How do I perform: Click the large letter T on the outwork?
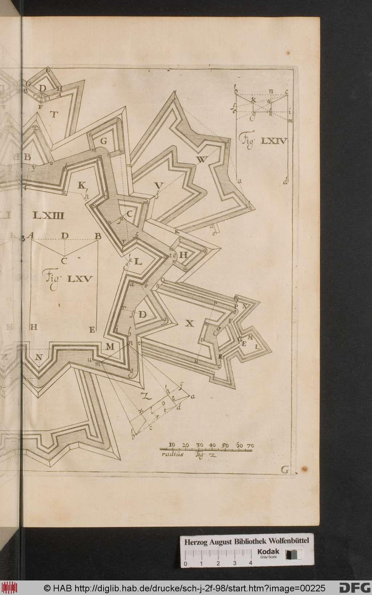[54, 115]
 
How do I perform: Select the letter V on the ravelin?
[158, 186]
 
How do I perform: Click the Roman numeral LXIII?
[48, 216]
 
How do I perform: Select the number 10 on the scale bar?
[173, 445]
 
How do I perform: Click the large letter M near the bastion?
[110, 347]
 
